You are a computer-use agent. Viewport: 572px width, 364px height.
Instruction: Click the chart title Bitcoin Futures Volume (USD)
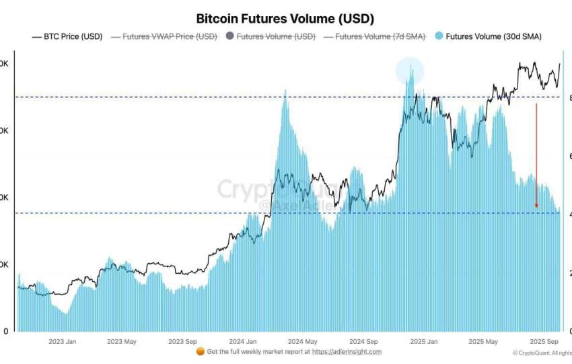[x=285, y=19]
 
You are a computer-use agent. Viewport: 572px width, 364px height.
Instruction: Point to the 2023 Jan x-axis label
[x=63, y=341]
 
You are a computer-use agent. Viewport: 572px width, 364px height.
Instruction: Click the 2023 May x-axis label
[x=121, y=341]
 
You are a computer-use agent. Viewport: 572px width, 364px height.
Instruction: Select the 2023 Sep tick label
[x=182, y=341]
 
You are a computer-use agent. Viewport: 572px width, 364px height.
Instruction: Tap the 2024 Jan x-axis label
[x=242, y=341]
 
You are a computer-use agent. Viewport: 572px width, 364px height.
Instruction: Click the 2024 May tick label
[x=302, y=341]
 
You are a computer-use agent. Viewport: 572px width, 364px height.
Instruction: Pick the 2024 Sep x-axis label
[x=363, y=341]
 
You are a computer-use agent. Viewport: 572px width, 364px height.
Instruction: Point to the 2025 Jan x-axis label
[x=424, y=341]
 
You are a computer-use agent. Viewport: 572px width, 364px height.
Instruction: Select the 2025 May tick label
[x=483, y=341]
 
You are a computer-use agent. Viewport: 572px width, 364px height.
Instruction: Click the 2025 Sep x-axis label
[x=544, y=341]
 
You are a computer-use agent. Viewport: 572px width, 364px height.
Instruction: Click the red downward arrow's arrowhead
[x=536, y=205]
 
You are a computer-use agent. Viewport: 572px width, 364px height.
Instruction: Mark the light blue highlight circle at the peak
[x=409, y=71]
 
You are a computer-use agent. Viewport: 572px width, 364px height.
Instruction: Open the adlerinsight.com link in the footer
[x=347, y=351]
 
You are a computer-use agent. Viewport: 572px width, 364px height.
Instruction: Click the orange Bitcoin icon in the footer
[x=200, y=351]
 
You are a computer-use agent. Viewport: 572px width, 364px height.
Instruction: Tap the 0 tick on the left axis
[x=5, y=331]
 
